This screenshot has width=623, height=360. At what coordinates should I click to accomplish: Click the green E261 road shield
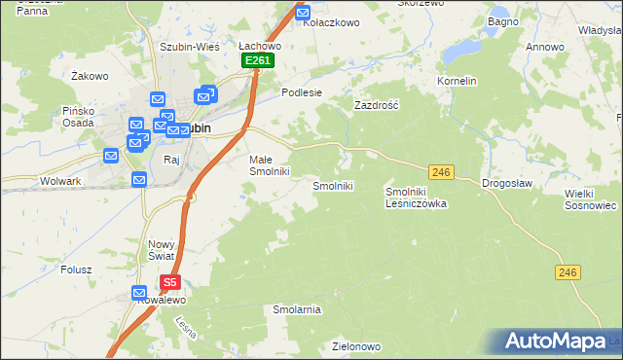(x=258, y=60)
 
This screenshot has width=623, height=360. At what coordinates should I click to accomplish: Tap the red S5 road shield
(x=170, y=283)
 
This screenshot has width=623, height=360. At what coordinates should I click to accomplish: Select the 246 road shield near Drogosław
(x=442, y=172)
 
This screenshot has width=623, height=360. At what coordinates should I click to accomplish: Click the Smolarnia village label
(x=297, y=309)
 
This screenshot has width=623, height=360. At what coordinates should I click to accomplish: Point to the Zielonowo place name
(x=355, y=346)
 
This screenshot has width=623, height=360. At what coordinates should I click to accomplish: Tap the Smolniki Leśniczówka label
(x=416, y=198)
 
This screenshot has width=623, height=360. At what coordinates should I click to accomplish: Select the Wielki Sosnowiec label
(x=591, y=199)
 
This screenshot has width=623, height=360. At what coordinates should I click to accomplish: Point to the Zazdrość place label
(x=377, y=104)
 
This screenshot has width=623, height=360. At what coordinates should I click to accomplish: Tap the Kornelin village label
(x=457, y=81)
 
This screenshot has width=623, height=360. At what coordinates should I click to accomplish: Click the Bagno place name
(x=502, y=20)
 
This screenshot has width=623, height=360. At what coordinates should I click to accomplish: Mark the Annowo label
(x=544, y=47)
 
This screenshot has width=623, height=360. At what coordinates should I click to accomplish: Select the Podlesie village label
(x=301, y=92)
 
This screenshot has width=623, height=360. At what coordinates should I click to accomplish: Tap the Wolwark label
(x=60, y=181)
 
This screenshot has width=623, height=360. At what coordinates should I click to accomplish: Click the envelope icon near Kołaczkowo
(x=302, y=14)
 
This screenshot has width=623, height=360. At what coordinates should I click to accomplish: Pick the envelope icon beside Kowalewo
(x=139, y=293)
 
